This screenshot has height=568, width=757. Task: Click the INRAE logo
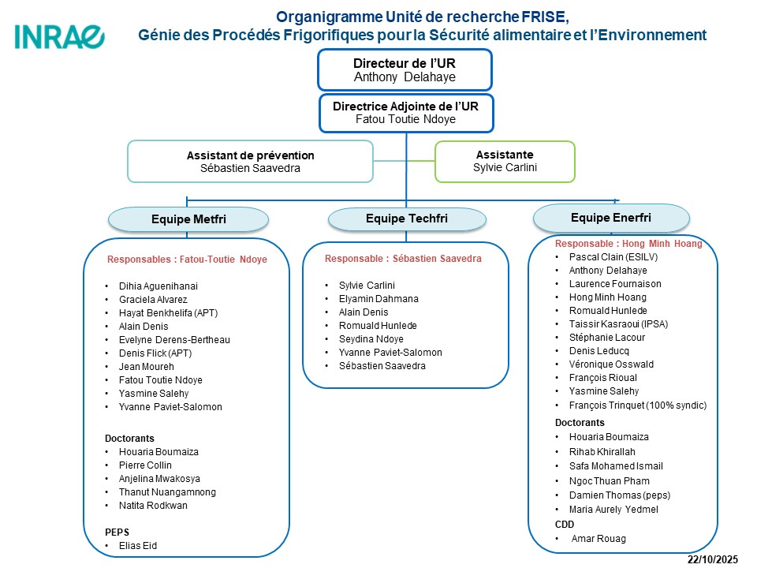pos(59,36)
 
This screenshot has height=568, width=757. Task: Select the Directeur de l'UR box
pos(405,69)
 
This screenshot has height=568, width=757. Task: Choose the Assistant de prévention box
pos(250,161)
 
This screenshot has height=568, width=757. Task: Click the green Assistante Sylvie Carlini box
pos(505,161)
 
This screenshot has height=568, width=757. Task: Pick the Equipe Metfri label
pos(188,219)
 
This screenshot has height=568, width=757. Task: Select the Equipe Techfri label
pos(405,219)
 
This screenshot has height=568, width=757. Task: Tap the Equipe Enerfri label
pos(611,216)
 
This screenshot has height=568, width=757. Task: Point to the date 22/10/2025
pos(712,559)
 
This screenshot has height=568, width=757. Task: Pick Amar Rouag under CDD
pos(599,539)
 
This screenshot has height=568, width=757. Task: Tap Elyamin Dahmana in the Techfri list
pos(378,299)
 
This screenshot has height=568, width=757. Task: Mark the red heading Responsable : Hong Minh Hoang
pos(628,244)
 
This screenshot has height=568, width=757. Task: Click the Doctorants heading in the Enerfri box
pos(580,422)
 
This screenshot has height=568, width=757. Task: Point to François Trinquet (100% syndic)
pos(637,405)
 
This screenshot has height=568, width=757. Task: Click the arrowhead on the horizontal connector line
pos(617,201)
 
